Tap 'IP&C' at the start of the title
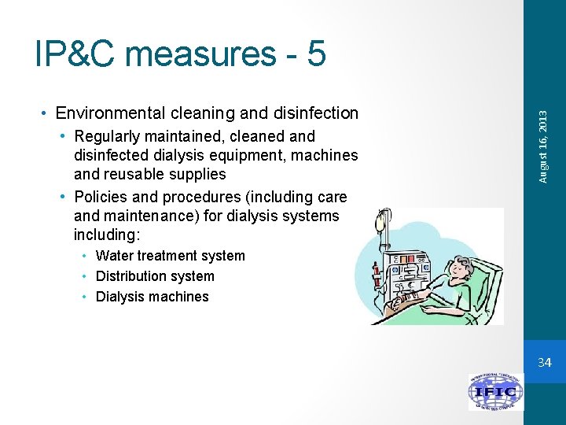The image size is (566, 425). (74, 54)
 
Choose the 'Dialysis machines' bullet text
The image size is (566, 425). (152, 297)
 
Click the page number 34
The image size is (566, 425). (545, 363)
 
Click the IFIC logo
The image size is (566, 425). (495, 391)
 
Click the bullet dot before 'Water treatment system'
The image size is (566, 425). (87, 256)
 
